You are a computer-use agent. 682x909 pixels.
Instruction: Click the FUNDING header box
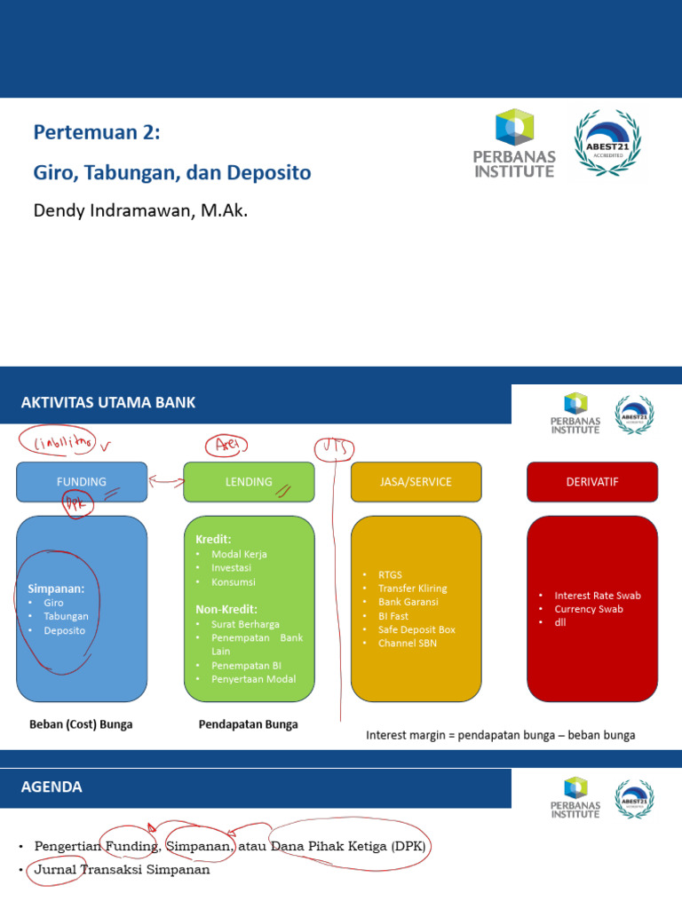82,482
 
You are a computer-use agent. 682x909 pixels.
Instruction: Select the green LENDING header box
249,482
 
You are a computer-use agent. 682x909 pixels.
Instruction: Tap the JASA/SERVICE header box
415,482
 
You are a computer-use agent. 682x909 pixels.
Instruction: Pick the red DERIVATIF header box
592,482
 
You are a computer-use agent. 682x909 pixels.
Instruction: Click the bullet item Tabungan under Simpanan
66,616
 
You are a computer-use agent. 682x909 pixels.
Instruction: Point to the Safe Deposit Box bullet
416,629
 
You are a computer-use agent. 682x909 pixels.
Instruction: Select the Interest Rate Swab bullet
597,596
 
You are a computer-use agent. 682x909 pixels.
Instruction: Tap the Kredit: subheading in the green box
213,539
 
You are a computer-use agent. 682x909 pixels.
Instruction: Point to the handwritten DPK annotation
77,504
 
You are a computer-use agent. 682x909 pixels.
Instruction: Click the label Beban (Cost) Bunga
81,724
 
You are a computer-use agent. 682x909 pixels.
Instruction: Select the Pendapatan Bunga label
248,724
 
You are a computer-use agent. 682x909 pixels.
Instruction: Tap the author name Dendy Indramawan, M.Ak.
140,210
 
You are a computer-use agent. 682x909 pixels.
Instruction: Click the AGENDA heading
52,787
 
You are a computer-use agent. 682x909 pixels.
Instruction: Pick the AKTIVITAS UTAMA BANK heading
107,403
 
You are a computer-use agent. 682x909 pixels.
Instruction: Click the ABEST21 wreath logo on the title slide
607,143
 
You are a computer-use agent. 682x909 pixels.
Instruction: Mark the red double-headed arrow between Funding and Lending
165,482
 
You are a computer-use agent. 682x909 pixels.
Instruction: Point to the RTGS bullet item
390,575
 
